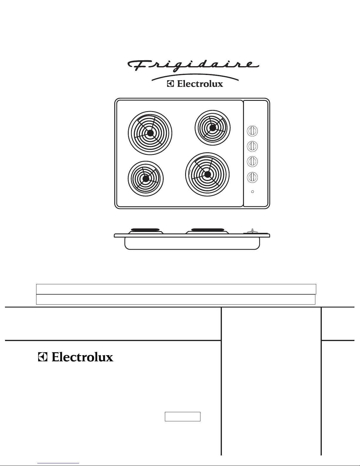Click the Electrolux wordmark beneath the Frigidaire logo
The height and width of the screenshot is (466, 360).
point(200,84)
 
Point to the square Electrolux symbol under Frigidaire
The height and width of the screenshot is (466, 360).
point(171,84)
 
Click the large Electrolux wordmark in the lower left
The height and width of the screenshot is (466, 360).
point(82,357)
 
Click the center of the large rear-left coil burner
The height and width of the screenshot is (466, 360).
point(150,133)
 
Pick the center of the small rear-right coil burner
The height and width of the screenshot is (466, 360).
point(212,128)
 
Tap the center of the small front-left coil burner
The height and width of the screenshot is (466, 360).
point(146,178)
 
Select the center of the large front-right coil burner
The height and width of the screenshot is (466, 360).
point(207,174)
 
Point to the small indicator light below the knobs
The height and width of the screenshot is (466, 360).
point(252,192)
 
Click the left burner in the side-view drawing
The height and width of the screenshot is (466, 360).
point(145,230)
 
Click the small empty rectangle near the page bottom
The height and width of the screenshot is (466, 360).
point(182,417)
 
